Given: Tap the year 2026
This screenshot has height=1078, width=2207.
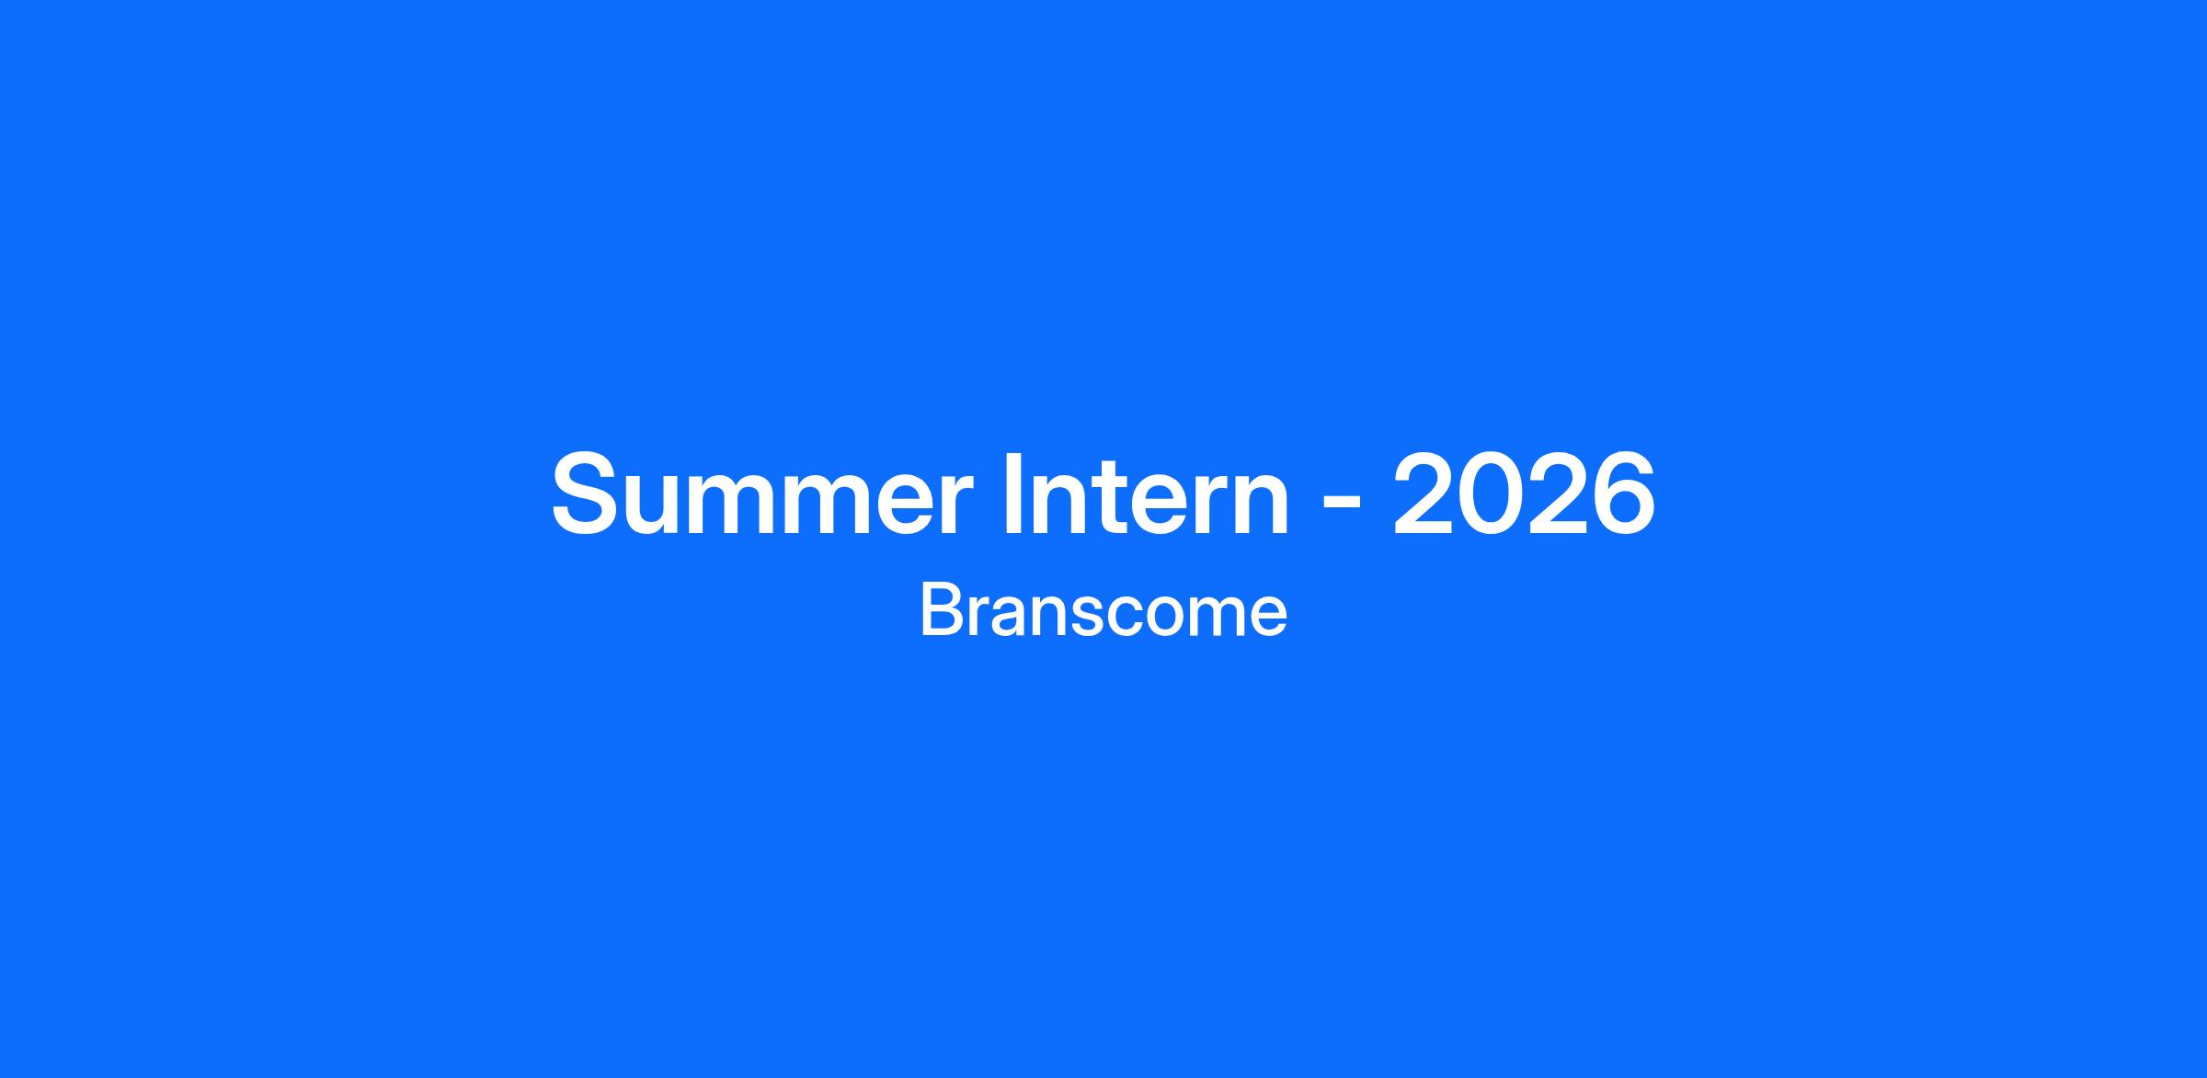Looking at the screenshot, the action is (x=1525, y=494).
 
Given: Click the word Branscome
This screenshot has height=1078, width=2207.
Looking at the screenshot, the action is (x=1103, y=612).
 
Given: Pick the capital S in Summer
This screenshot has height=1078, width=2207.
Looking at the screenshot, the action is (x=589, y=494).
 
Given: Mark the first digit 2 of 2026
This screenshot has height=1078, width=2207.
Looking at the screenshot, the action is (x=1424, y=494).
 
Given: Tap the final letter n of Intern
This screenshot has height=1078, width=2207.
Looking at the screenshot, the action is (x=1261, y=505).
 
